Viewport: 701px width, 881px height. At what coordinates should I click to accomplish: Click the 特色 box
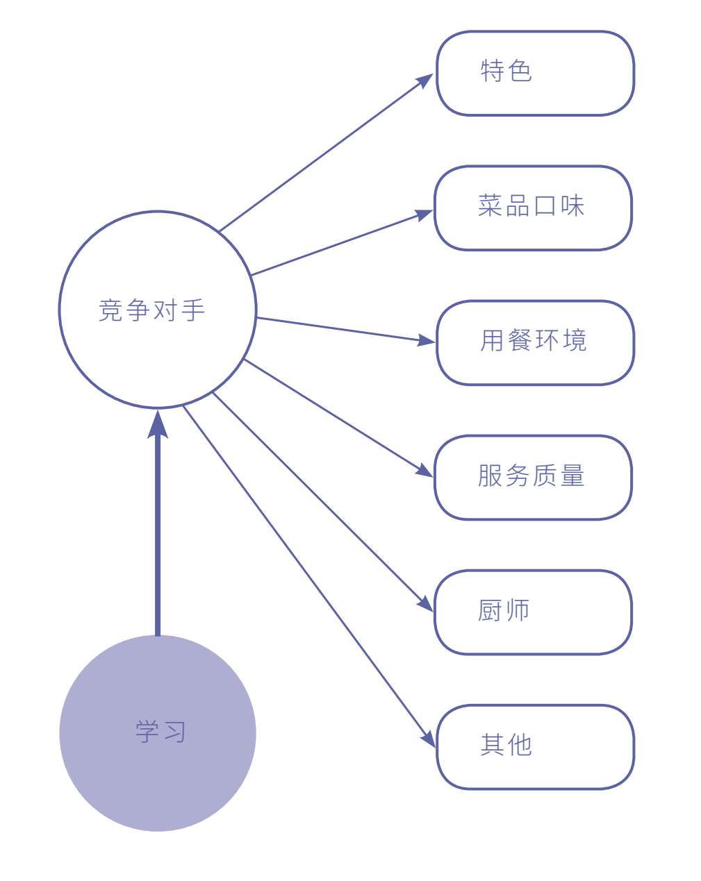pyautogui.click(x=535, y=73)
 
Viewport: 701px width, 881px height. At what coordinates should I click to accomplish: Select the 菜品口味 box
pyautogui.click(x=533, y=208)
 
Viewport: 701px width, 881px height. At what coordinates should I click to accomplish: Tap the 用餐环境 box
pyautogui.click(x=535, y=342)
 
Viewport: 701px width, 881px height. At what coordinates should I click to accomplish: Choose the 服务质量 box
pyautogui.click(x=533, y=477)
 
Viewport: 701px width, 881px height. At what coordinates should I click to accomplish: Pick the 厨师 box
pyautogui.click(x=533, y=612)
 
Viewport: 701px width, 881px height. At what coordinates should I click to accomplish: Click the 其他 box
pyautogui.click(x=535, y=746)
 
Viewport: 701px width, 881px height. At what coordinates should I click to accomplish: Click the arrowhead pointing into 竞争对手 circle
pyautogui.click(x=158, y=423)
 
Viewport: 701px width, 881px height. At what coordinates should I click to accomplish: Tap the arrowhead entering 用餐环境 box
pyautogui.click(x=425, y=340)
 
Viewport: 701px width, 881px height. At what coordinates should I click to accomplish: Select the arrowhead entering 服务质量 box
pyautogui.click(x=424, y=470)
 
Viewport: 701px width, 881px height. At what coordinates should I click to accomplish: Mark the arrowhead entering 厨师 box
pyautogui.click(x=424, y=603)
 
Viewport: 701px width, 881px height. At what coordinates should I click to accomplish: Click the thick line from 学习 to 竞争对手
pyautogui.click(x=158, y=542)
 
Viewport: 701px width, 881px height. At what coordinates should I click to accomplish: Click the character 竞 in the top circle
pyautogui.click(x=111, y=310)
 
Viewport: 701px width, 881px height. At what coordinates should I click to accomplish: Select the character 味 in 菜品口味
pyautogui.click(x=572, y=206)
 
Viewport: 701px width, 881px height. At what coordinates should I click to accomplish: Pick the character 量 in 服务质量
pyautogui.click(x=572, y=476)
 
